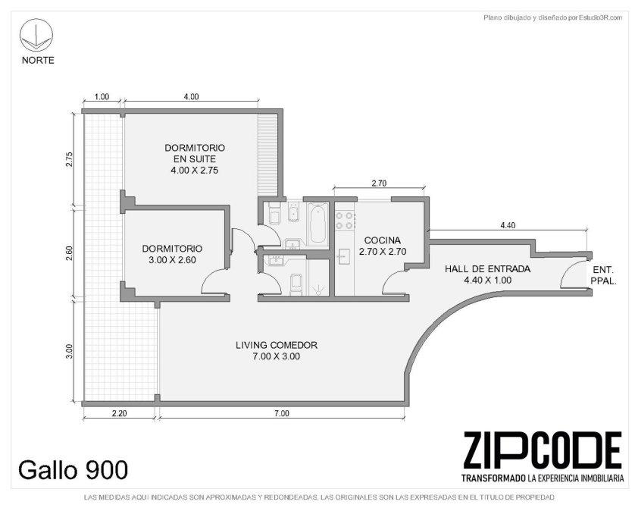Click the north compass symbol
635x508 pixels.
(36, 36)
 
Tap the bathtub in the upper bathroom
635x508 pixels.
(319, 223)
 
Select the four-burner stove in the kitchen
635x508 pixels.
(345, 221)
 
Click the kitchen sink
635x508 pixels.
(344, 256)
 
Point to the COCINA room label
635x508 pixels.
(383, 240)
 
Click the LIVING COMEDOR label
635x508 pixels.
(277, 345)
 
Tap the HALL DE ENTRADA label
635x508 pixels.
(487, 269)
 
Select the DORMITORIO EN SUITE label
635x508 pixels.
(195, 153)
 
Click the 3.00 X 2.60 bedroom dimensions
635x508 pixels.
(172, 260)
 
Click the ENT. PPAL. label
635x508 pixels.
(603, 275)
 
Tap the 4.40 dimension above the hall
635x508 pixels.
(508, 225)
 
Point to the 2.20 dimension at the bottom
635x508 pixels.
(119, 414)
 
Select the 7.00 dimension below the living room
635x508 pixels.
(282, 414)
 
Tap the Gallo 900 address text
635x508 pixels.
(74, 470)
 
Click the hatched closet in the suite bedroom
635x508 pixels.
(267, 155)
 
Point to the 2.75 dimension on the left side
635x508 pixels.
(69, 160)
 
